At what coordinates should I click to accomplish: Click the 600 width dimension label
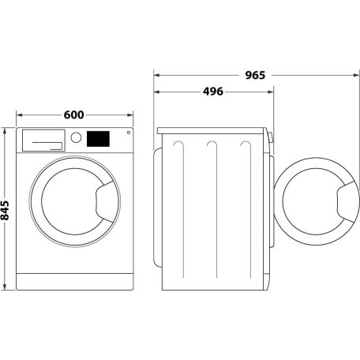tap(73, 115)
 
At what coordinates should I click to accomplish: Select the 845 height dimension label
tap(7, 210)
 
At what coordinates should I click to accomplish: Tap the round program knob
tap(77, 137)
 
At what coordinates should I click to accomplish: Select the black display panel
tap(97, 138)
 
